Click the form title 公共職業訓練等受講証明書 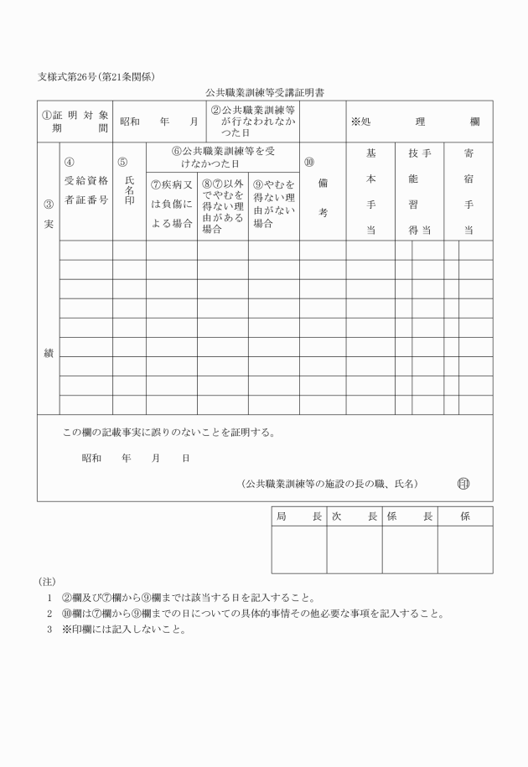(263, 92)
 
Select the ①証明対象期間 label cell (75, 122)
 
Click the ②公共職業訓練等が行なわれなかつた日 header (252, 122)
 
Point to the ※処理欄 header (416, 122)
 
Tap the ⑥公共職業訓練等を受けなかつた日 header (223, 157)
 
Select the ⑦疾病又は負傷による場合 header (172, 205)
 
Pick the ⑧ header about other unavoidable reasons (223, 205)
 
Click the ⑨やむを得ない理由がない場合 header (274, 205)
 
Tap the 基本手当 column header (370, 191)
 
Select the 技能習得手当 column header (420, 191)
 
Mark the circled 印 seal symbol (463, 484)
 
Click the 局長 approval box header (299, 516)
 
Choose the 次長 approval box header (355, 516)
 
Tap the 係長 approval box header (410, 516)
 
